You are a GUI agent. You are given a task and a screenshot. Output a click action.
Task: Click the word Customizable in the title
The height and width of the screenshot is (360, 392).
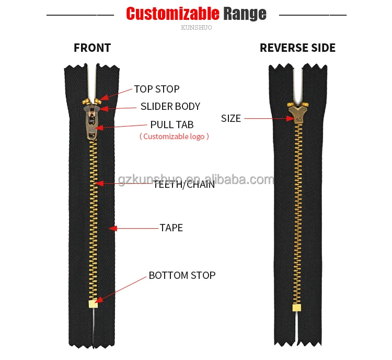coord(172,14)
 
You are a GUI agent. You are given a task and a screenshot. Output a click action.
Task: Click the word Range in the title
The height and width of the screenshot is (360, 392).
coord(245,14)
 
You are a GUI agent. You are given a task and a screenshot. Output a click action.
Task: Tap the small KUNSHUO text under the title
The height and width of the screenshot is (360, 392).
coord(196,28)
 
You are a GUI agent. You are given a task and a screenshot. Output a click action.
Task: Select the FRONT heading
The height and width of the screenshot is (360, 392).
coord(92,48)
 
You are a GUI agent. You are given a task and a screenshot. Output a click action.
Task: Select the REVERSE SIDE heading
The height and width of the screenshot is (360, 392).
coord(297,48)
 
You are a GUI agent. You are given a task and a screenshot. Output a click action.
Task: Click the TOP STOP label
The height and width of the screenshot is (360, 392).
coord(156,89)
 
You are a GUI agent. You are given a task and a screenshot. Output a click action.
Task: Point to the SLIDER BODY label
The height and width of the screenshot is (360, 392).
coord(170,106)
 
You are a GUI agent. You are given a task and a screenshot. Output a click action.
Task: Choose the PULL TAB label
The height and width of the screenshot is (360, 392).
coord(171,125)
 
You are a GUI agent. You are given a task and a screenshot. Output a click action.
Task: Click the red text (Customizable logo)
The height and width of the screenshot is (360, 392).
coord(174,137)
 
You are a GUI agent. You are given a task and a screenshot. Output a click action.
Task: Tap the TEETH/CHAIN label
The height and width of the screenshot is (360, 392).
coord(183,184)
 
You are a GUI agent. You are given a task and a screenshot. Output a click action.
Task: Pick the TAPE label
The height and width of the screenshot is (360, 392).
coord(171,228)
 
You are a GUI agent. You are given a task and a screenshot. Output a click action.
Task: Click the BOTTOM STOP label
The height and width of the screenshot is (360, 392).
coord(182,275)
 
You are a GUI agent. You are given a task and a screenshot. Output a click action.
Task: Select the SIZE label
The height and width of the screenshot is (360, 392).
coord(231,118)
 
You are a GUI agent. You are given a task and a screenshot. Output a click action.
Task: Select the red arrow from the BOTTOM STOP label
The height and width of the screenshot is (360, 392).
coord(120,289)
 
